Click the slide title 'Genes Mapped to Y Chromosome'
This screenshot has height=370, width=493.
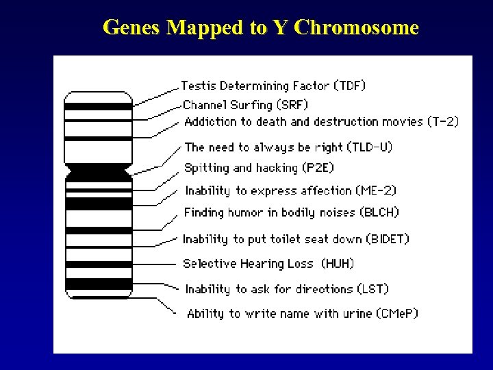260,27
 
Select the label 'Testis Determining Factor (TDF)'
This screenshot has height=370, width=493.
273,86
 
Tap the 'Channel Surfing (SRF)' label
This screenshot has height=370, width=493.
246,105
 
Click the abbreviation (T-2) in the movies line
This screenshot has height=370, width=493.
442,122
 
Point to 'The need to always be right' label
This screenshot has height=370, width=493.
264,147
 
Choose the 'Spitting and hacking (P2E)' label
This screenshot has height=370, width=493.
260,168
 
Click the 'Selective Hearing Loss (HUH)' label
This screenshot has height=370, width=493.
268,264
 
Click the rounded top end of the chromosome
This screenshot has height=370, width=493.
98,96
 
